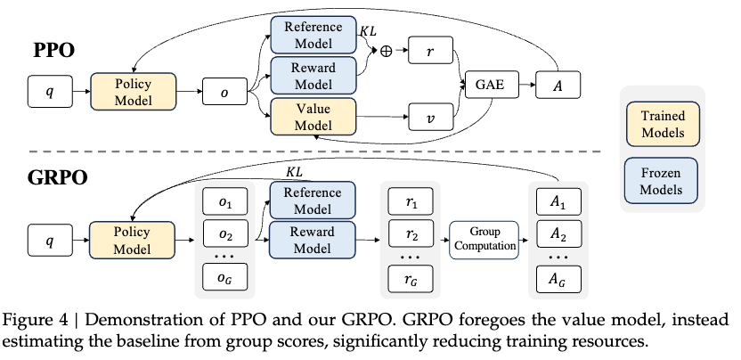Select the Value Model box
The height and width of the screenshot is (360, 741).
pyautogui.click(x=313, y=117)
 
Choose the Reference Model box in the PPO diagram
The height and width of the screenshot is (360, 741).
pyautogui.click(x=313, y=34)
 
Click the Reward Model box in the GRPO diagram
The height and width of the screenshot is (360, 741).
pyautogui.click(x=313, y=239)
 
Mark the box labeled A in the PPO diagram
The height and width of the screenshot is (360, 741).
pyautogui.click(x=558, y=86)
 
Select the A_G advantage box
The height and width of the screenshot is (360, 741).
pyautogui.click(x=558, y=282)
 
